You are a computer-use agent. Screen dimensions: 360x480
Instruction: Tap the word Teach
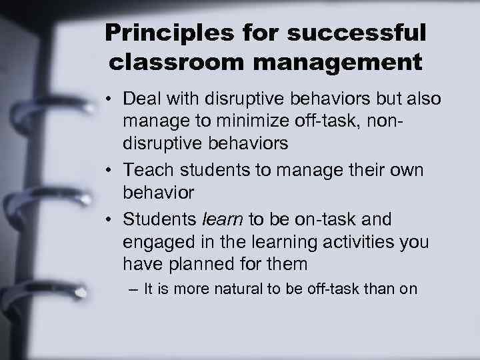tap(151, 170)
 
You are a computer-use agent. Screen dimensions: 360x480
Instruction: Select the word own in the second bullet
tap(405, 170)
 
